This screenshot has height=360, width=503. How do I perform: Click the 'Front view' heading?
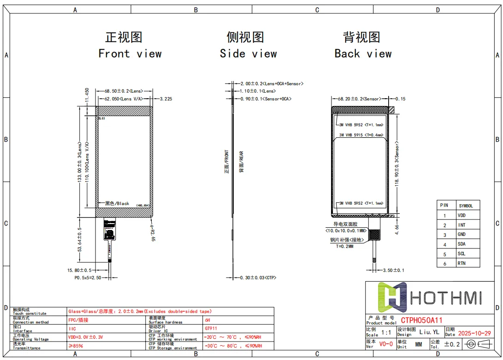[x=130, y=53]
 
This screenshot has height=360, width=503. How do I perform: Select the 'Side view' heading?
[x=248, y=53]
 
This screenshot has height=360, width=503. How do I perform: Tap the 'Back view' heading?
[x=363, y=53]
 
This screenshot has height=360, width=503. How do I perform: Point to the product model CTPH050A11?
[x=421, y=320]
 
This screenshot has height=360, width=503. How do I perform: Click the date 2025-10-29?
[x=474, y=333]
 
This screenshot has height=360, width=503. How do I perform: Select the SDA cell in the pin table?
[x=461, y=244]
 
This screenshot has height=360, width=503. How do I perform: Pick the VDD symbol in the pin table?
[x=461, y=215]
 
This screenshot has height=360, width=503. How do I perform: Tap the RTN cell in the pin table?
[x=461, y=264]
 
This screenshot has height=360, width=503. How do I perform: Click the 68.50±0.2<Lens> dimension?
[x=124, y=91]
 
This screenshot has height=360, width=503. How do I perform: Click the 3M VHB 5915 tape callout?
[x=361, y=135]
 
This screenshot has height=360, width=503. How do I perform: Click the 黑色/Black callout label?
[x=117, y=203]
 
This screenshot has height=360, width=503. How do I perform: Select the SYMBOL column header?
[x=466, y=206]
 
